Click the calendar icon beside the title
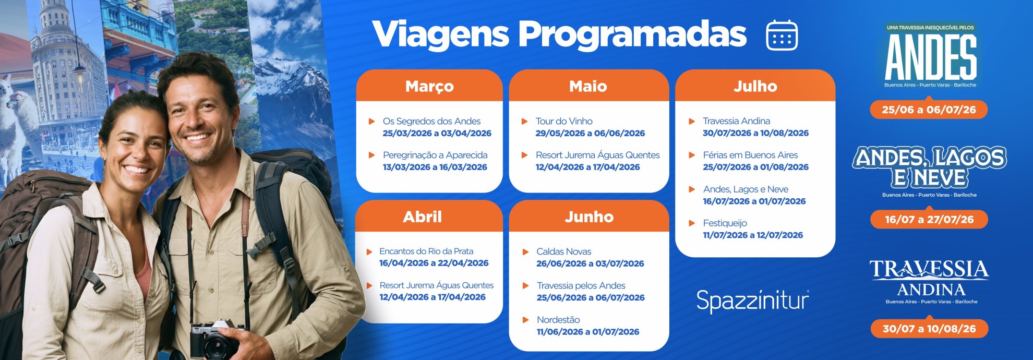(782, 35)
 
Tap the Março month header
(429, 86)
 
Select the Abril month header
(422, 217)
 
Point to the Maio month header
(588, 86)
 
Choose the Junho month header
(589, 217)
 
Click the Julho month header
(755, 86)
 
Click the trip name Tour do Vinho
(564, 121)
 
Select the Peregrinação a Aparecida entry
(435, 155)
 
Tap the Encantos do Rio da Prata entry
(426, 251)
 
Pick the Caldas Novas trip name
(563, 251)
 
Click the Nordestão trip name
(558, 320)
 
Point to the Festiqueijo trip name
(725, 223)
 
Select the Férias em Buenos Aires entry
(750, 155)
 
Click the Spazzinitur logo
(752, 301)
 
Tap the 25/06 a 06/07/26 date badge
(929, 110)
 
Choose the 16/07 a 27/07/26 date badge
(929, 219)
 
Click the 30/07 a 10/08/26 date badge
(929, 329)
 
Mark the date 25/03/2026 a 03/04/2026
(437, 133)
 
